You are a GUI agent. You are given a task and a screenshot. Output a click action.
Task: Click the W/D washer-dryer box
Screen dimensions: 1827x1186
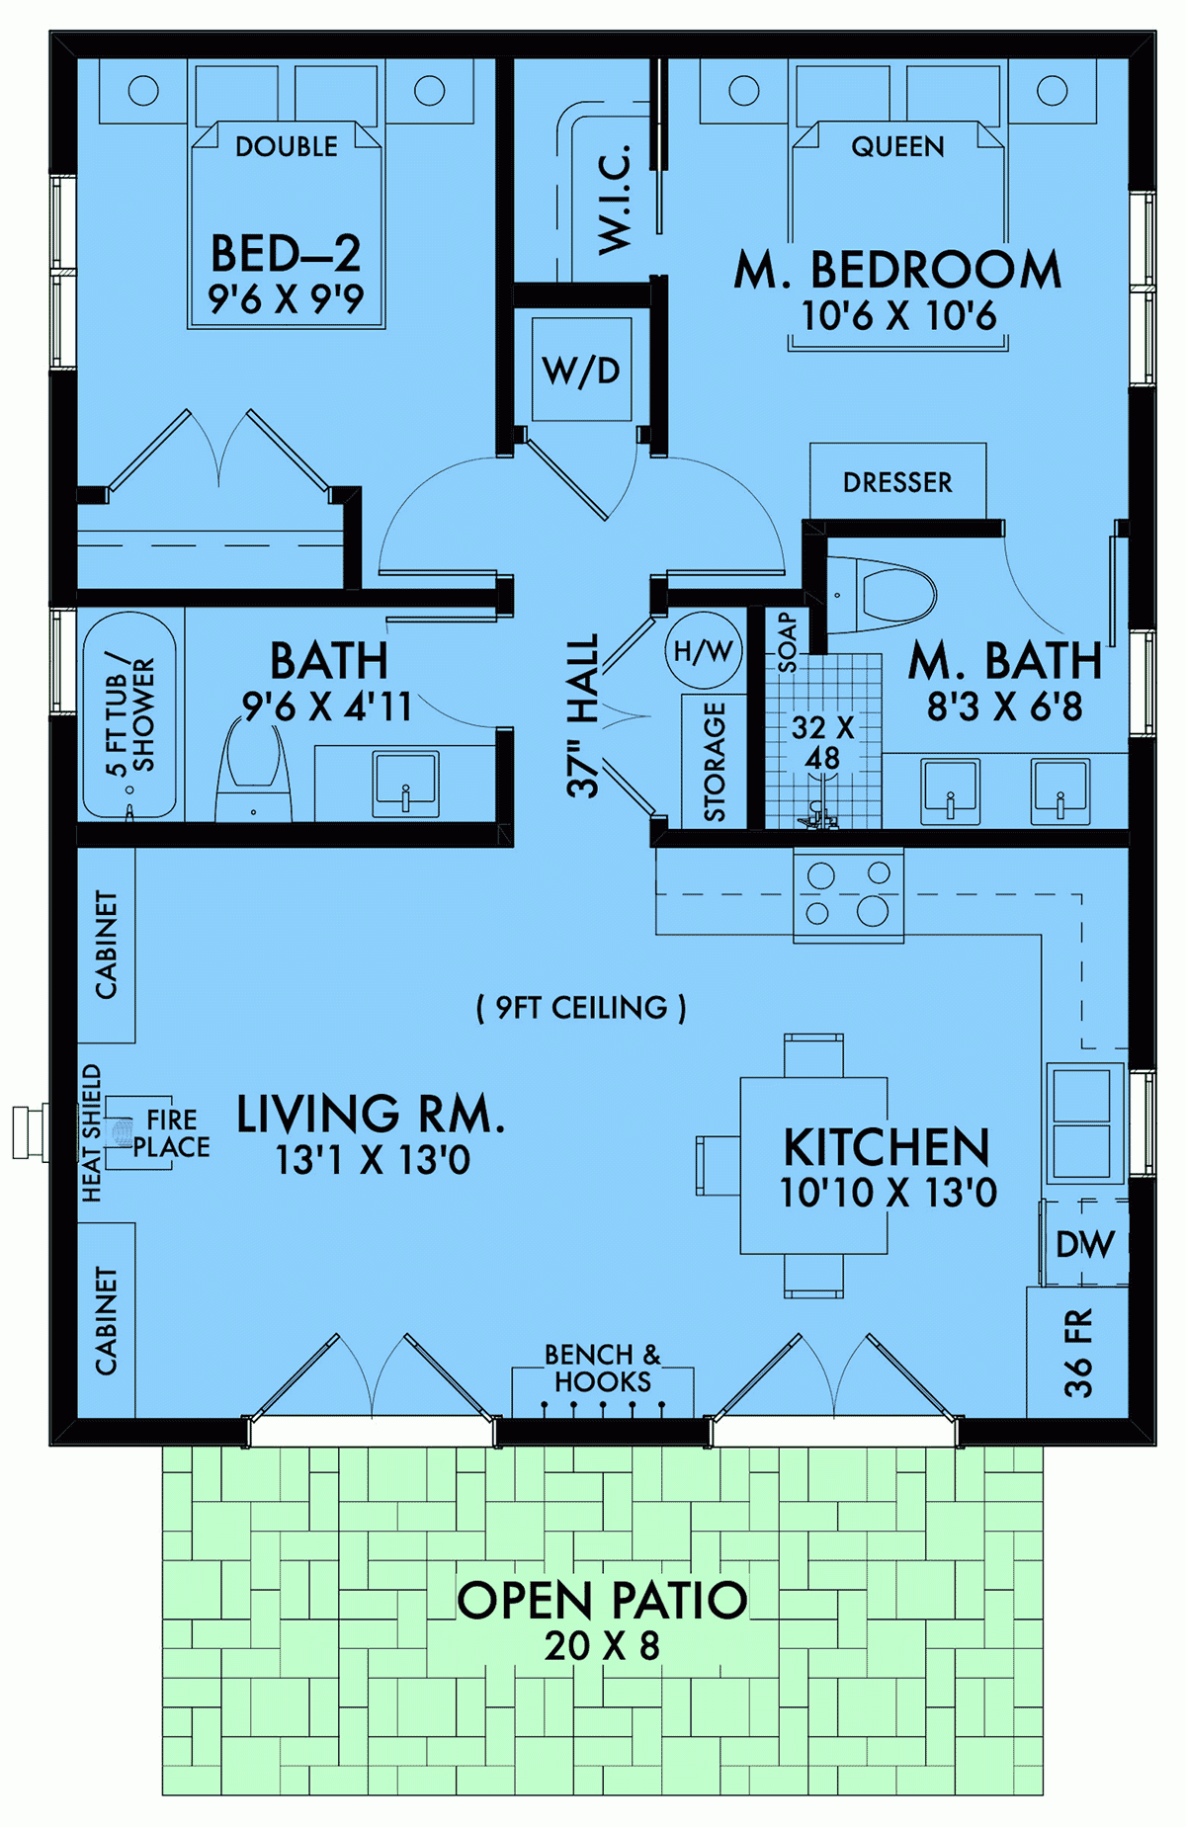(581, 372)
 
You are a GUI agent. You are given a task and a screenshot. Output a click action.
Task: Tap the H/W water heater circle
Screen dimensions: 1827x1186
(703, 651)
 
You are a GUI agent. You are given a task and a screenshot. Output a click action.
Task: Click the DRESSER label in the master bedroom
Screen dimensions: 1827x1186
(897, 482)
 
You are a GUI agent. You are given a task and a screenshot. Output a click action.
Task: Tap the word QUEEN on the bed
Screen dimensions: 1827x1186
(897, 147)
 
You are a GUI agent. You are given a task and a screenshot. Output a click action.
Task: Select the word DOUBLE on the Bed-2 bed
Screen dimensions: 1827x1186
(287, 147)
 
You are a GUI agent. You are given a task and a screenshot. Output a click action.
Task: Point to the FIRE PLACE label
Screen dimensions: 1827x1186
(172, 1133)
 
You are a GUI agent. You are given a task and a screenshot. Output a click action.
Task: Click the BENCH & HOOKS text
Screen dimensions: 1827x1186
(602, 1368)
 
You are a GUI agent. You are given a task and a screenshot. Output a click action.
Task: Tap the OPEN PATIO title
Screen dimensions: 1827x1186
(602, 1601)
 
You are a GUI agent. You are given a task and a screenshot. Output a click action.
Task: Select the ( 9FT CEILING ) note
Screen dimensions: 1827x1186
(581, 1008)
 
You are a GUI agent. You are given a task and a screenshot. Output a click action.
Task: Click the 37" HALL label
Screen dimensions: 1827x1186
(583, 715)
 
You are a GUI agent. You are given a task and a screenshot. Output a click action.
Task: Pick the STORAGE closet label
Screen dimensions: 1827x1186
(714, 761)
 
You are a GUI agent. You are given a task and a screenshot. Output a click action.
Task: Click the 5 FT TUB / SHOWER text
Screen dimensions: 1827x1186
(130, 713)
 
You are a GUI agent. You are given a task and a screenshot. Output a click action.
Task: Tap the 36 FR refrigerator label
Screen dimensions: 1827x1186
(1078, 1352)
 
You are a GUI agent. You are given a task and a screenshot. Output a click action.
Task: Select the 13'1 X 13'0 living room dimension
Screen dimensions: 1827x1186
(373, 1160)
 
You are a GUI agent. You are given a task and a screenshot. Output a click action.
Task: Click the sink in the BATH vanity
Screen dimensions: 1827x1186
(406, 784)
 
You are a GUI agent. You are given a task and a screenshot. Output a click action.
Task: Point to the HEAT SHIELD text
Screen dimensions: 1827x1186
(91, 1132)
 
